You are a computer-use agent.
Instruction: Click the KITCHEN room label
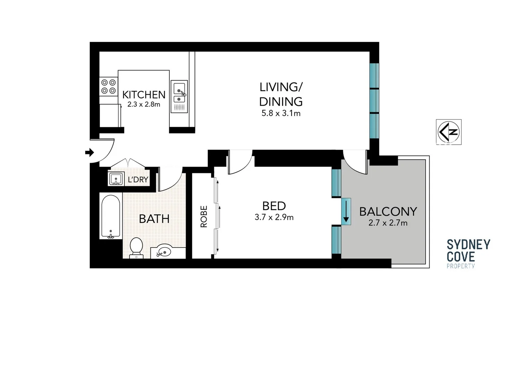pos(144,94)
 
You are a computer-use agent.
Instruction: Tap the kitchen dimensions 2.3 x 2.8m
pos(144,104)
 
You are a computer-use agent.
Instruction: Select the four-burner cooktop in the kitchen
pos(108,86)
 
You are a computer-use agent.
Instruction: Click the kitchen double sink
pos(179,96)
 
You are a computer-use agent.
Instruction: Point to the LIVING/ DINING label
pos(281,94)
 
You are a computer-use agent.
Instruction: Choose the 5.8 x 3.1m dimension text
pos(281,113)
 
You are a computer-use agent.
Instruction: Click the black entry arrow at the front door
pos(90,152)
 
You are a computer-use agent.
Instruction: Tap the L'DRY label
pos(138,180)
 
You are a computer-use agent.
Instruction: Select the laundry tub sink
pos(116,179)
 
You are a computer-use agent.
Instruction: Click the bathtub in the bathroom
pos(111,216)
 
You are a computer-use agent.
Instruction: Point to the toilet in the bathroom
pos(136,248)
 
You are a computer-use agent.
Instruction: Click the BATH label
pos(154,219)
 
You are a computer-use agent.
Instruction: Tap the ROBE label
pos(204,216)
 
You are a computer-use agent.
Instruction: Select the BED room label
pos(274,206)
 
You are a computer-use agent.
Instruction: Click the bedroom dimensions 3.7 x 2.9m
pos(274,217)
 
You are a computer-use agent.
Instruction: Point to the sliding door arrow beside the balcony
pos(346,212)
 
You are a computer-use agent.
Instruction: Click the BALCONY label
pos(388,211)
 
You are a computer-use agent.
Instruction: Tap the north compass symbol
pos(448,132)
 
